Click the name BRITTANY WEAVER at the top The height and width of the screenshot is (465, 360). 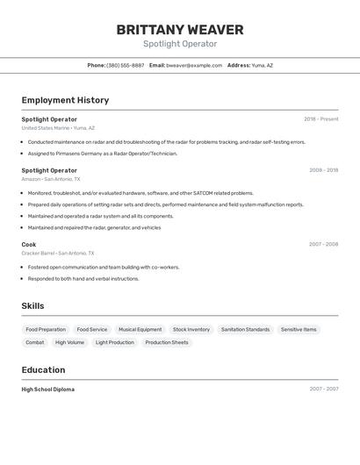click(180, 30)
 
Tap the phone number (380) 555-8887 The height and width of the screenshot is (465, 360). click(126, 65)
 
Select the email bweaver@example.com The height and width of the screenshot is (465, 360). click(194, 65)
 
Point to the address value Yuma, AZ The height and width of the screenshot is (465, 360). click(263, 65)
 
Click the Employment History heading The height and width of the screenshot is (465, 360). click(65, 100)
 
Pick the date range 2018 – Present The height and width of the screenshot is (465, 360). click(320, 119)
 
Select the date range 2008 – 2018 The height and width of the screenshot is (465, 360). click(323, 170)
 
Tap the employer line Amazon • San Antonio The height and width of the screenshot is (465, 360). click(57, 179)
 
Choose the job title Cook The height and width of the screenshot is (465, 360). click(29, 244)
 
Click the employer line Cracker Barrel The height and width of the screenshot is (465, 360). click(57, 253)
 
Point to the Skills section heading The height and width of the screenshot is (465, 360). click(32, 306)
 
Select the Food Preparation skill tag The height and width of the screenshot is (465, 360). click(46, 330)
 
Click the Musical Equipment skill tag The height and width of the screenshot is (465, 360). click(140, 330)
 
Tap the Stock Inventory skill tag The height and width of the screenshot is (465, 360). click(191, 330)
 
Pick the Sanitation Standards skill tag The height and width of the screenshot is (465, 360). click(245, 330)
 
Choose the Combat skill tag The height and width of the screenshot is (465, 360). click(35, 342)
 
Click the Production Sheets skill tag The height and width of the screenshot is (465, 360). click(167, 342)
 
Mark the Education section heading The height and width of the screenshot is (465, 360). click(43, 370)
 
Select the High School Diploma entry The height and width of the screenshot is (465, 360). click(47, 389)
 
